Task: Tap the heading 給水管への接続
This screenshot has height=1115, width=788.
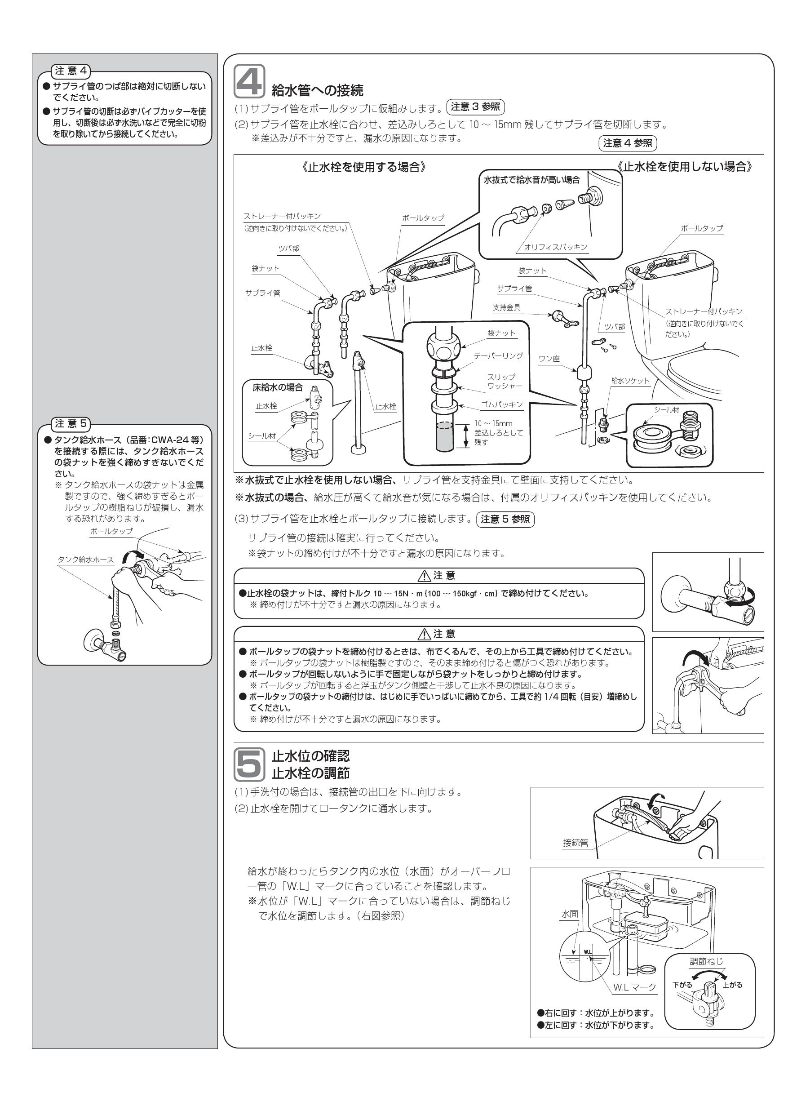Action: [x=318, y=90]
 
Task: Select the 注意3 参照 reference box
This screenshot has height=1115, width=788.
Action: [x=475, y=107]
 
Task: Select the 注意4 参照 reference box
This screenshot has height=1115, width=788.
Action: [x=627, y=143]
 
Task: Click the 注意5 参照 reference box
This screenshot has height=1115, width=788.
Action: [x=505, y=520]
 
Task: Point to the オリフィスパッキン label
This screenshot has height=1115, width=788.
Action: [x=555, y=247]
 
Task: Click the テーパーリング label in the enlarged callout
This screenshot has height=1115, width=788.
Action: [x=498, y=356]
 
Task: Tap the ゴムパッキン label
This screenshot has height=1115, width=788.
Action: [x=501, y=404]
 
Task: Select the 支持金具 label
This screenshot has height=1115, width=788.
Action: [x=506, y=308]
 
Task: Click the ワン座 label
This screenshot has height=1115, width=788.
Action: [x=549, y=359]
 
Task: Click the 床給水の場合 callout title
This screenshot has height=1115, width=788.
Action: [x=277, y=388]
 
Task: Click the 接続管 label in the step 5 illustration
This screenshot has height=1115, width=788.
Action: [x=576, y=843]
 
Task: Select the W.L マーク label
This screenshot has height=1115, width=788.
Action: [x=634, y=987]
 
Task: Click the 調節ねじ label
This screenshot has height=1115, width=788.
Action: [x=706, y=961]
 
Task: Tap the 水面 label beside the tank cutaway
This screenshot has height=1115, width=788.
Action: [x=570, y=914]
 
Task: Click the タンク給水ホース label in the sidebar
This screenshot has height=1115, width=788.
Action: [x=86, y=560]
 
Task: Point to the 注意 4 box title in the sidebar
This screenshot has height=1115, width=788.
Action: [x=71, y=71]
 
